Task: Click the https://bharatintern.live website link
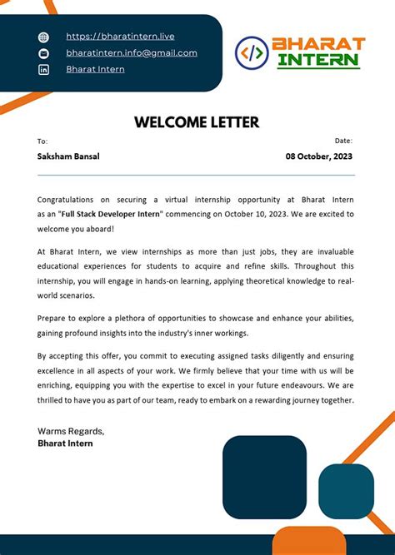coord(120,37)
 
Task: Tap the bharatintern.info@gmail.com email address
coord(132,52)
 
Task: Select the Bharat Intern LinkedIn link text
coord(95,69)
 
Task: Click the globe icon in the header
coord(44,37)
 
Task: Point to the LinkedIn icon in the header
coord(44,70)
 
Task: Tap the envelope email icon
coord(44,53)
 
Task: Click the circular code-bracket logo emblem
coord(252,52)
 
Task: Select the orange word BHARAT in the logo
coord(318,43)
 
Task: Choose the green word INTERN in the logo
coord(318,61)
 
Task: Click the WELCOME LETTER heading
coord(197,122)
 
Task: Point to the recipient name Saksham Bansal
coord(68,156)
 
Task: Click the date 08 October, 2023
coord(319,156)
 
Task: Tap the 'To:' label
coord(42,141)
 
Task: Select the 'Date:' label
coord(343,141)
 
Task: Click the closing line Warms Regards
coord(71,431)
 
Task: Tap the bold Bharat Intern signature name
coord(65,444)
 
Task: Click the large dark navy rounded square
coord(264,477)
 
